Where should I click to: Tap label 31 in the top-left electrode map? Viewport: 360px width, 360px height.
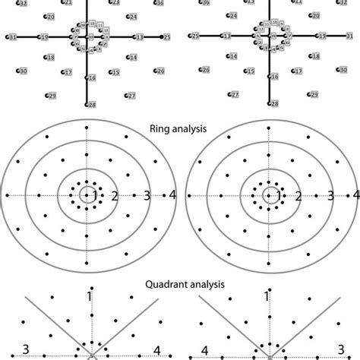[x=12, y=36]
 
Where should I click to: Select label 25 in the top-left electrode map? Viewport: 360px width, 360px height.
[x=167, y=36]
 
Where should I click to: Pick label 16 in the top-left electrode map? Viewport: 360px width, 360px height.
[x=92, y=77]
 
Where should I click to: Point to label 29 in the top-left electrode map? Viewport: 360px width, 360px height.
[x=52, y=96]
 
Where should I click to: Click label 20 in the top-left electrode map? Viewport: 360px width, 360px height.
[x=50, y=16]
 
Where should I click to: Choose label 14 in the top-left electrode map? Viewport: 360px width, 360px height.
[x=133, y=58]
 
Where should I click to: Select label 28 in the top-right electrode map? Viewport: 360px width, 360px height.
[x=274, y=103]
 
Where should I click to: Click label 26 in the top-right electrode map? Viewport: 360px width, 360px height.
[x=205, y=70]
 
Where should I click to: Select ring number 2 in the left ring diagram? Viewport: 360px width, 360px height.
[x=115, y=196]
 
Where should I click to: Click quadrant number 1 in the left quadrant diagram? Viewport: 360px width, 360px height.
[x=89, y=295]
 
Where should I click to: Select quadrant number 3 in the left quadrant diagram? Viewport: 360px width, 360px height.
[x=25, y=349]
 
